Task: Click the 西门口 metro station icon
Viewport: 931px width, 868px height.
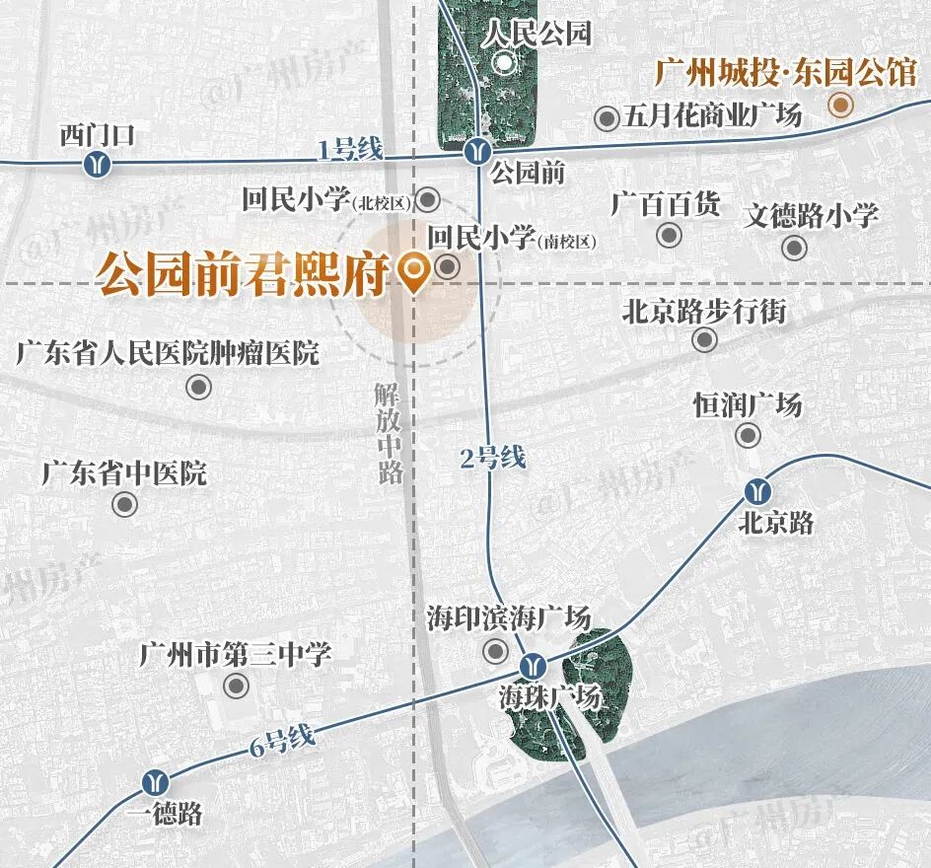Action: pos(97,164)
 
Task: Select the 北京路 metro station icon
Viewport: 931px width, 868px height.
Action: pos(758,490)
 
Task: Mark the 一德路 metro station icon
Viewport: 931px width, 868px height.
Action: pos(153,782)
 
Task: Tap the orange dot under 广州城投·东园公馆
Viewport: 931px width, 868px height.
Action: pos(840,106)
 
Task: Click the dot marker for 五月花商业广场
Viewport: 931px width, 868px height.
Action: pos(608,119)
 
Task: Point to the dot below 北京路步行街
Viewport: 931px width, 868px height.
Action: pos(704,340)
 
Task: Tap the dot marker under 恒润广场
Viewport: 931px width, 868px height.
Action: pos(749,435)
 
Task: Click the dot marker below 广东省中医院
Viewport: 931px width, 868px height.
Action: pos(124,505)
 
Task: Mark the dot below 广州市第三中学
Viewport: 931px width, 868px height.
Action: pos(236,685)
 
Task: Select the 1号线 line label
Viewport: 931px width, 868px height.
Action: pos(349,150)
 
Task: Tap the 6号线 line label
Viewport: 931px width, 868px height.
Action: pos(282,739)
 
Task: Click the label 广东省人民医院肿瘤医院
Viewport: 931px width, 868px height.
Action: pos(168,352)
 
